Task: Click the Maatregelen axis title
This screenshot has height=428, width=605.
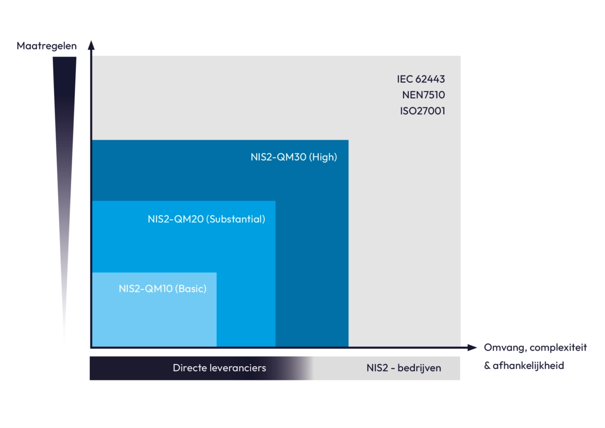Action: click(x=46, y=46)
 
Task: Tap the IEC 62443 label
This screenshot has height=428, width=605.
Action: click(x=421, y=79)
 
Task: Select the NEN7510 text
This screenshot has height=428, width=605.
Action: click(x=423, y=95)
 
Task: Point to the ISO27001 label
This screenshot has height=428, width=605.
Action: click(x=423, y=111)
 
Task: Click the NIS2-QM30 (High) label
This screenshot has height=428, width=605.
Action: click(x=293, y=157)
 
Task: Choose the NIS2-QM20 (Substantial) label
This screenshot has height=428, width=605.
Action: click(x=206, y=219)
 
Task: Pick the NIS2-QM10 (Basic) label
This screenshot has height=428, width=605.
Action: click(x=162, y=289)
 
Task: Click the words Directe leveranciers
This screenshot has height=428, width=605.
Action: click(x=219, y=368)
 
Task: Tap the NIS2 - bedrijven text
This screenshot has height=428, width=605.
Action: click(x=403, y=368)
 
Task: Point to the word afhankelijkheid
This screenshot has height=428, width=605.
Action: click(x=528, y=366)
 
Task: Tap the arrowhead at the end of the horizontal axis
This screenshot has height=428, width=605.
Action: click(x=472, y=348)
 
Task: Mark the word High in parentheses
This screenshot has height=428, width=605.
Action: click(x=323, y=157)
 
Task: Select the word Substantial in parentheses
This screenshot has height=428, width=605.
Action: click(x=237, y=219)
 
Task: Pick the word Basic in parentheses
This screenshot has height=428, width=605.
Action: click(x=191, y=289)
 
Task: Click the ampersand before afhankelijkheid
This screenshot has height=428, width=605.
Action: click(x=487, y=366)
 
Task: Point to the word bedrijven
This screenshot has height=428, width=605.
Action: click(x=419, y=368)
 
